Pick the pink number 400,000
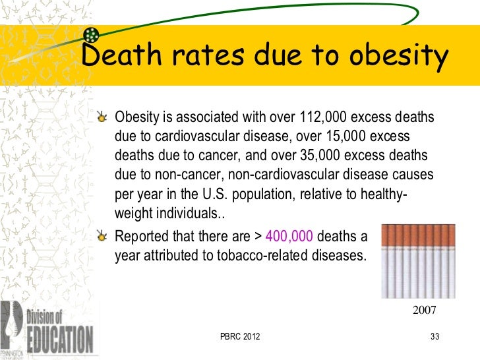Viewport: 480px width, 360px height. coord(292,237)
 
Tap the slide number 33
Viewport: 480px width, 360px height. coord(434,338)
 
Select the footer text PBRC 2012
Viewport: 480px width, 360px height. coord(240,338)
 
